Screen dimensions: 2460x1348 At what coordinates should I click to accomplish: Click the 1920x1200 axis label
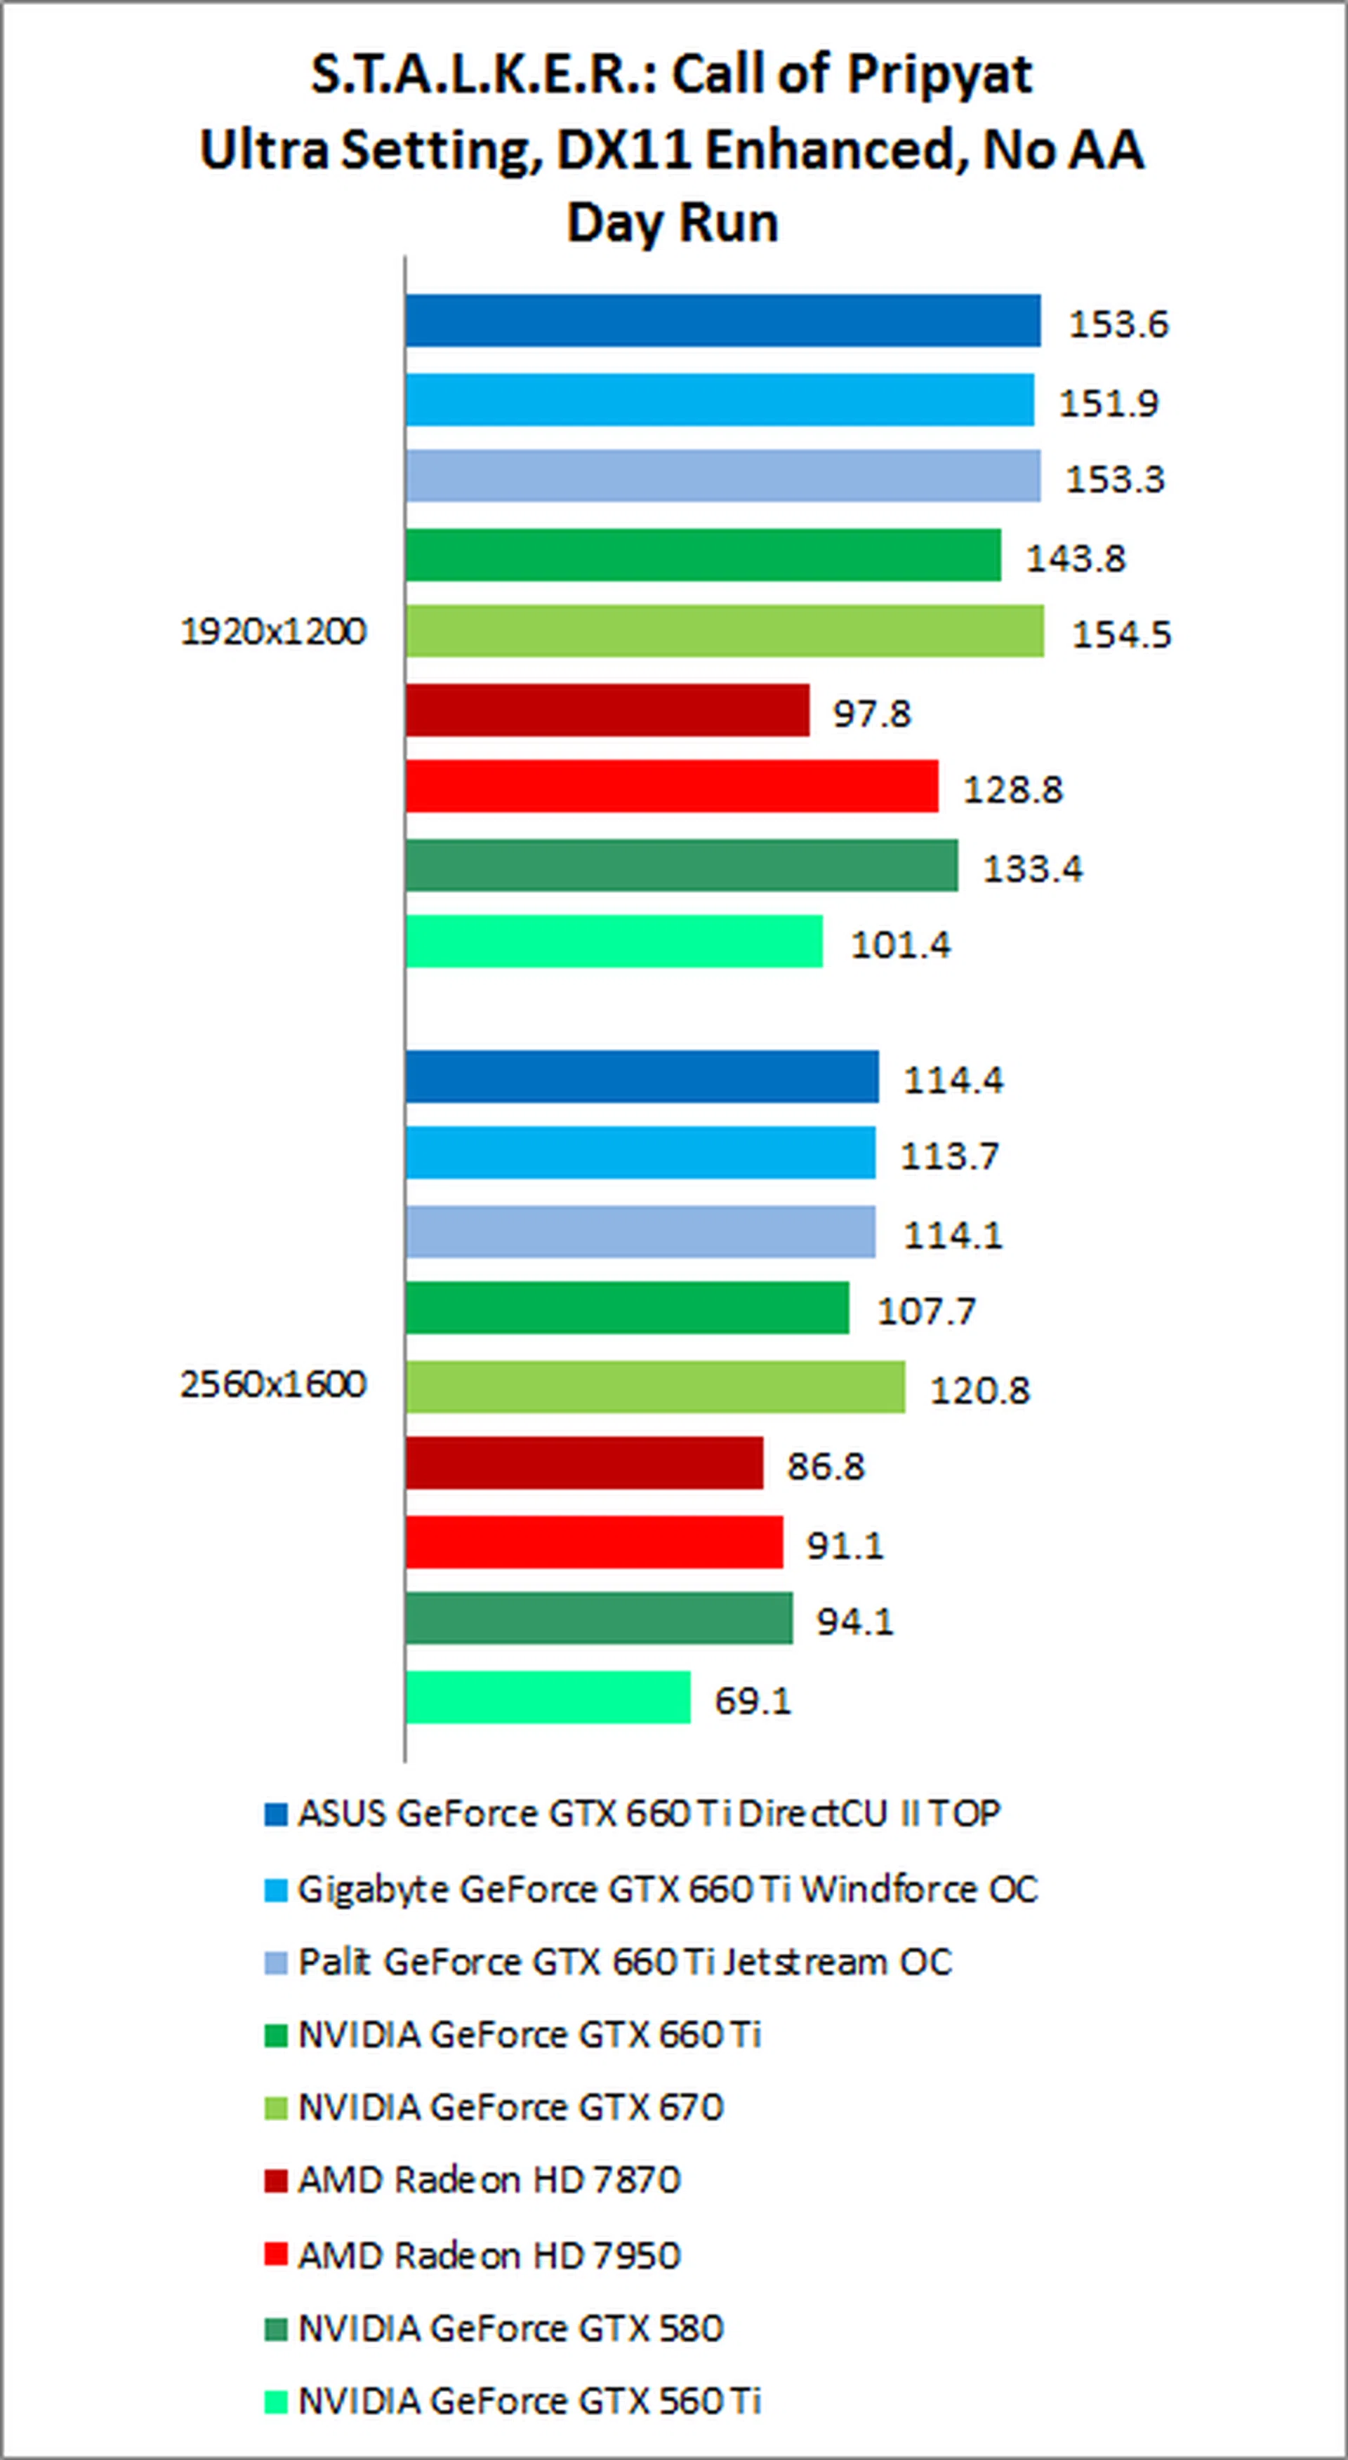(273, 631)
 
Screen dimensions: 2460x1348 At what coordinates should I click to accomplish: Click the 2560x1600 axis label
(273, 1384)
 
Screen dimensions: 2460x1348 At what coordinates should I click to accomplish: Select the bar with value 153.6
(722, 321)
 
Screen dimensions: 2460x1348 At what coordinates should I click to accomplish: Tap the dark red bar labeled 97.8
(607, 711)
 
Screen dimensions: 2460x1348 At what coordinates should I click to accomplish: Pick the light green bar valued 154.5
(724, 631)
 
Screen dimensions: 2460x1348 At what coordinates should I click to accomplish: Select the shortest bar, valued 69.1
(548, 1697)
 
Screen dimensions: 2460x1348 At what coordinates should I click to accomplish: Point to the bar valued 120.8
(654, 1386)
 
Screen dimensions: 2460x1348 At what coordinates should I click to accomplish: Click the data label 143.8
(1076, 558)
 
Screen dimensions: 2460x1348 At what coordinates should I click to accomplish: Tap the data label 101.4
(901, 945)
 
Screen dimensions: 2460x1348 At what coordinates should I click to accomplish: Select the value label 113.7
(951, 1156)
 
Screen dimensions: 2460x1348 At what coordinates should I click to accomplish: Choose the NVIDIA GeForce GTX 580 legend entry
(510, 2328)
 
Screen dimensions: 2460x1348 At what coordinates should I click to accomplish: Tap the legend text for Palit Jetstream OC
(625, 1962)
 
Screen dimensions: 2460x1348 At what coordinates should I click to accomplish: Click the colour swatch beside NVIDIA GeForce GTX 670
(276, 2108)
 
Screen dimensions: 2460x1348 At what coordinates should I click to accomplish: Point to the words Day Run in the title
(673, 222)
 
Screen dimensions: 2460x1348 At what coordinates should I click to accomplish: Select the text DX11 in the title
(606, 150)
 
